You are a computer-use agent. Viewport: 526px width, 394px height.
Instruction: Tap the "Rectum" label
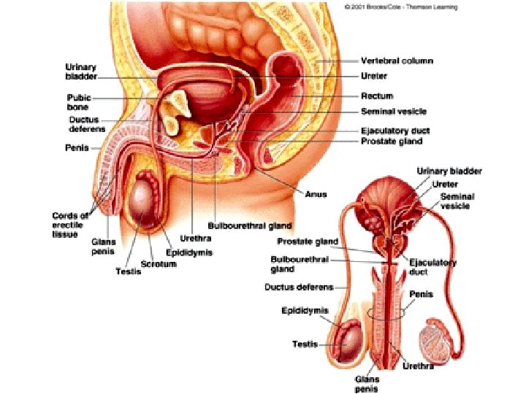(377, 96)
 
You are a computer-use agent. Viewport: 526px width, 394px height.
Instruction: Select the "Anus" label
(316, 194)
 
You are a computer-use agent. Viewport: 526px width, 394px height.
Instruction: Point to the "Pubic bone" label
(78, 102)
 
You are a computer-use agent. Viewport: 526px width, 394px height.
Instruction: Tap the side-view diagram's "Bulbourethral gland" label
(240, 226)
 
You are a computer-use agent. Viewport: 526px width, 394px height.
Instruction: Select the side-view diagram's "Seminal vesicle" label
(394, 112)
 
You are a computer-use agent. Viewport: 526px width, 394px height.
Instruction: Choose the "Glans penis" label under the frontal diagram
(367, 384)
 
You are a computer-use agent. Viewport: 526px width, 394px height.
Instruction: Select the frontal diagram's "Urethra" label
(419, 366)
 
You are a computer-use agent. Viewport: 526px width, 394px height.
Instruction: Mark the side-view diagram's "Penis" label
(77, 147)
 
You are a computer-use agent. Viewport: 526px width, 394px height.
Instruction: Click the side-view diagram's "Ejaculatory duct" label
(395, 131)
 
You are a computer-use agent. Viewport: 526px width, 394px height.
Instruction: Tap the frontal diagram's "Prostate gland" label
(308, 241)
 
